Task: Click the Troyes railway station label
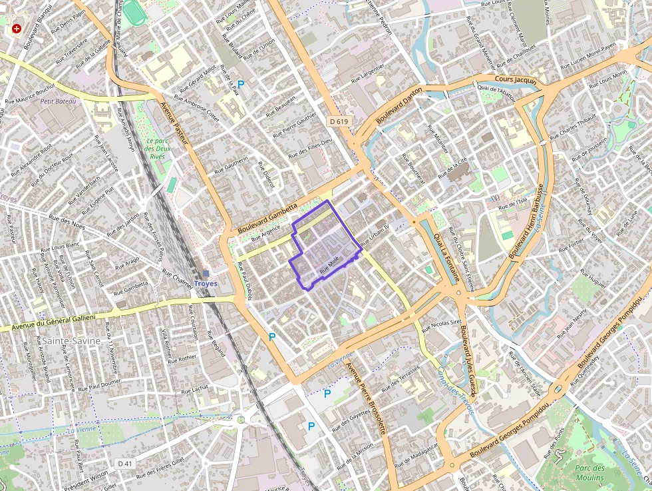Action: click(206, 283)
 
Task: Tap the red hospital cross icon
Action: click(17, 29)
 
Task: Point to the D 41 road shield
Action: click(125, 463)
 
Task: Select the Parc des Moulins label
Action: click(589, 472)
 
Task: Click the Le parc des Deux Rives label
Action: click(156, 149)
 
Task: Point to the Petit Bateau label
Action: click(58, 101)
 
